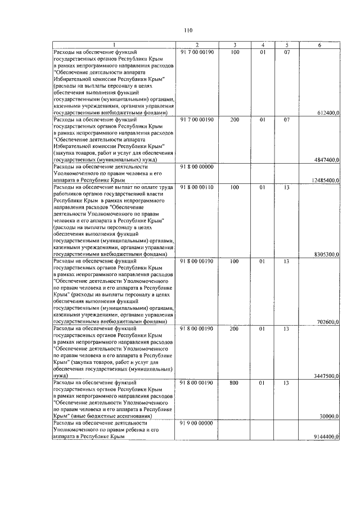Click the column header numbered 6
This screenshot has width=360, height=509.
pos(319,45)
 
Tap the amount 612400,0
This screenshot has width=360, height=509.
pos(328,113)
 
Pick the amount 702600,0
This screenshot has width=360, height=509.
pos(329,322)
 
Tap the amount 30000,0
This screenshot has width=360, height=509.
pos(330,416)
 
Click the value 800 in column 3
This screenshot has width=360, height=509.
pos(235,383)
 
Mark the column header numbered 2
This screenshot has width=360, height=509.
pos(197,45)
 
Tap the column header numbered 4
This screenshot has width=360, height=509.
pos(262,45)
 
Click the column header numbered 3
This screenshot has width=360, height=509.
pos(235,45)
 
